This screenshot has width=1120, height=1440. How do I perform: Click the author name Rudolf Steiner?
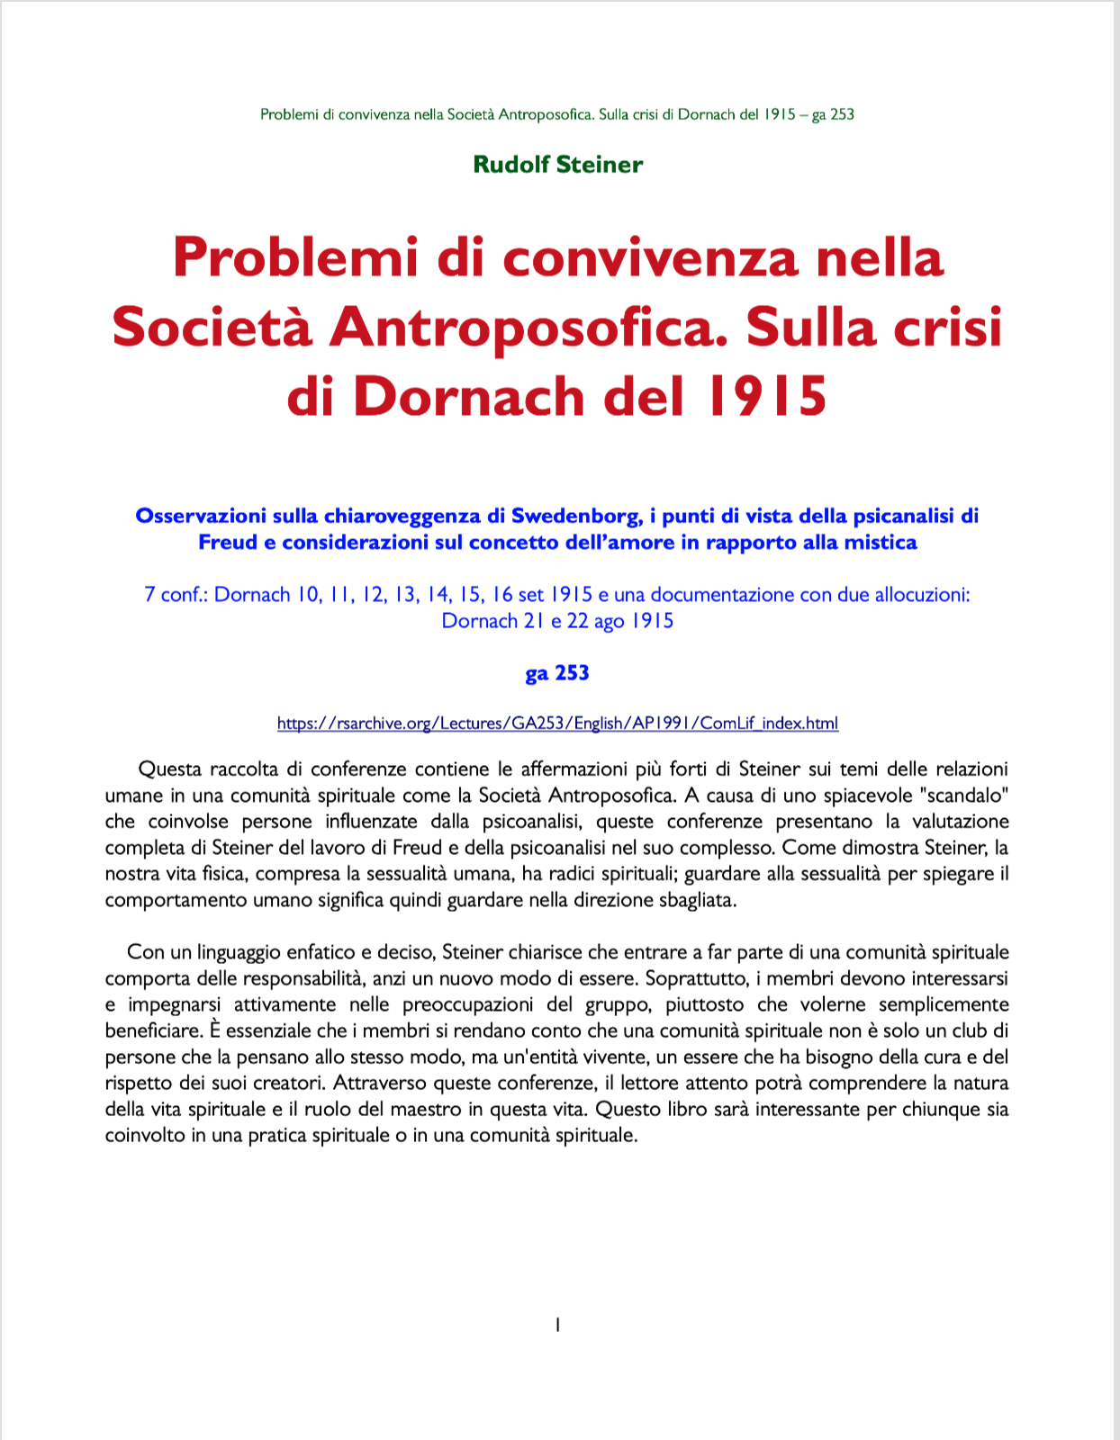pyautogui.click(x=557, y=165)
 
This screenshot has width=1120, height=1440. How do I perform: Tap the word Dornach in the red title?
pyautogui.click(x=468, y=396)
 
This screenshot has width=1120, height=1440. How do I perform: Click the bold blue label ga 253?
pyautogui.click(x=556, y=673)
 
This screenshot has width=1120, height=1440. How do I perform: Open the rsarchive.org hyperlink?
pyautogui.click(x=557, y=723)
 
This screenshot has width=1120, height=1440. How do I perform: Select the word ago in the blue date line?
pyautogui.click(x=609, y=621)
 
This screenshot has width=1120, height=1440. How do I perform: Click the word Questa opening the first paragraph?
pyautogui.click(x=170, y=769)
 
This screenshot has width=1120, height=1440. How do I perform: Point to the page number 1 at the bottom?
pyautogui.click(x=558, y=1325)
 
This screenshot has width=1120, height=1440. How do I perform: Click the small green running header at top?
pyautogui.click(x=557, y=114)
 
